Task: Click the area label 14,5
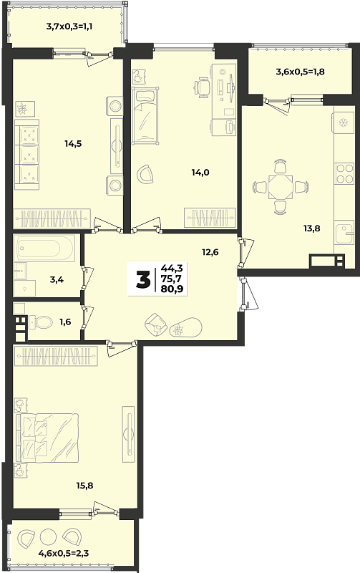click(73, 144)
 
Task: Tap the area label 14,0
click(200, 172)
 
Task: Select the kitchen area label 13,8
click(311, 228)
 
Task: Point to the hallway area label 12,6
click(210, 252)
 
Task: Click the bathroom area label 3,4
click(57, 280)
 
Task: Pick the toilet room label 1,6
click(65, 322)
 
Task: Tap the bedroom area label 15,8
click(84, 486)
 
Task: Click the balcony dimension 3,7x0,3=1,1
click(69, 27)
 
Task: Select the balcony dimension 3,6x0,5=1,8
click(300, 72)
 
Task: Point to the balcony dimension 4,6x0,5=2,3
click(64, 553)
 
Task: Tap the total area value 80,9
click(172, 289)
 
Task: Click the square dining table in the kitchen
click(280, 187)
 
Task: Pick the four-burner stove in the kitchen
click(345, 173)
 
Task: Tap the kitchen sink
click(344, 232)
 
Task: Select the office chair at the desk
click(203, 87)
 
